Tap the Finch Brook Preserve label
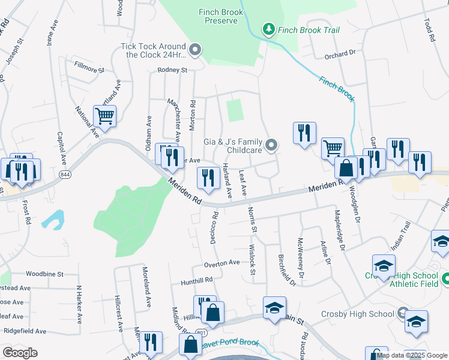(x=221, y=16)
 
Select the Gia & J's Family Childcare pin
(x=272, y=145)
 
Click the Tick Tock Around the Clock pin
(x=194, y=50)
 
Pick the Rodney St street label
(x=172, y=70)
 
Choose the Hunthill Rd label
(x=197, y=280)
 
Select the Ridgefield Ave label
(x=25, y=331)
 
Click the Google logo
(x=20, y=353)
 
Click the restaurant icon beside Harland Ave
(x=208, y=178)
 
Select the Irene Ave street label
(x=50, y=34)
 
